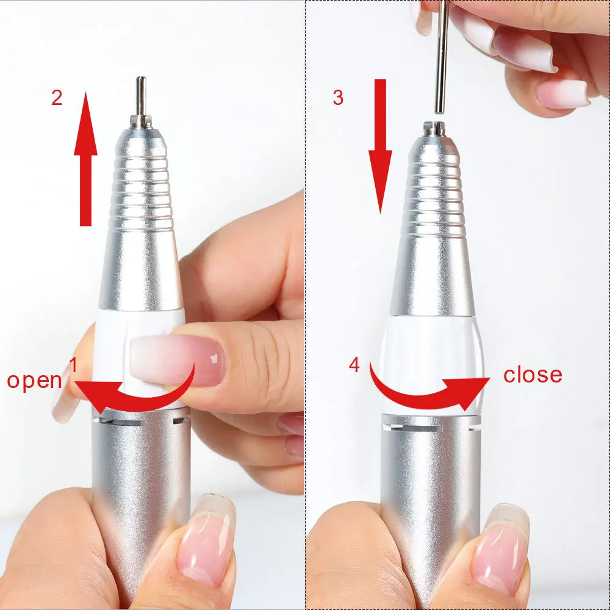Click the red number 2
[x=57, y=98]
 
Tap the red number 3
[x=338, y=98]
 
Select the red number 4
[x=354, y=365]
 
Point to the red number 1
[x=73, y=365]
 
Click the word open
[x=34, y=380]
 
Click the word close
[x=533, y=375]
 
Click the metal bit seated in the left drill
[x=141, y=98]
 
